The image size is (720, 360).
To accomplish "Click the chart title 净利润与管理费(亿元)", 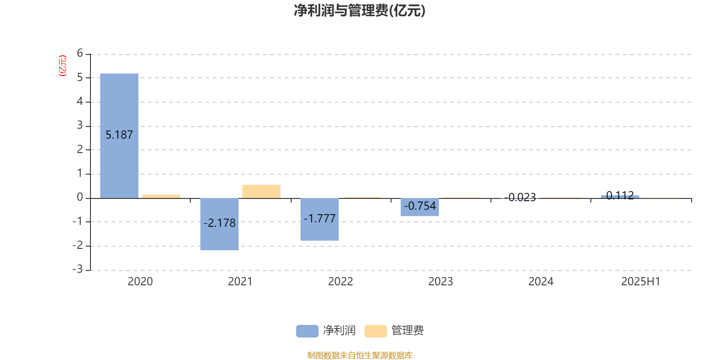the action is (x=360, y=11).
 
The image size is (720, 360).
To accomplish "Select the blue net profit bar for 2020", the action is (x=119, y=135).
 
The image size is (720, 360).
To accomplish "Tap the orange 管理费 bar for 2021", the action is (x=261, y=192).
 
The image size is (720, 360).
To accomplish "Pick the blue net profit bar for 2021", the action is (x=220, y=224).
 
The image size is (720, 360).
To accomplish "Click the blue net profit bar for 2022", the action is (x=319, y=219).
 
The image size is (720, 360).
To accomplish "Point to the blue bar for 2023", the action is (x=420, y=207).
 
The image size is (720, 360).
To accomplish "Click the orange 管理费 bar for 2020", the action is (x=162, y=196).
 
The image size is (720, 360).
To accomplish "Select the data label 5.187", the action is (x=119, y=135).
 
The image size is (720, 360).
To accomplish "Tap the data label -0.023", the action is (x=520, y=197).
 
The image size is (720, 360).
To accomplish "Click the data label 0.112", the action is (x=620, y=195).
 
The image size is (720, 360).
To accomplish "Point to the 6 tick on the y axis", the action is (x=80, y=53).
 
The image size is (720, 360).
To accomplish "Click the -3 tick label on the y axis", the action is (x=78, y=269).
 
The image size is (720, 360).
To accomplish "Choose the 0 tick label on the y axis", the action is (x=80, y=197).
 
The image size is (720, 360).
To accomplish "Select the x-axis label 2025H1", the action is (x=641, y=282).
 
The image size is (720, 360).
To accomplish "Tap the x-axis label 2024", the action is (x=541, y=282).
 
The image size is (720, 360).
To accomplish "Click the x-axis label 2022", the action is (x=340, y=282).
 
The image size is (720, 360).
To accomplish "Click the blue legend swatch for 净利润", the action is (x=307, y=331).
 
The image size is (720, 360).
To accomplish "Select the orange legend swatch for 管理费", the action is (x=375, y=331).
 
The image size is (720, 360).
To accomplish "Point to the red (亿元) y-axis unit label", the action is (x=63, y=66).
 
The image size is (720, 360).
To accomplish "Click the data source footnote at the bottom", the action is (x=360, y=355).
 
